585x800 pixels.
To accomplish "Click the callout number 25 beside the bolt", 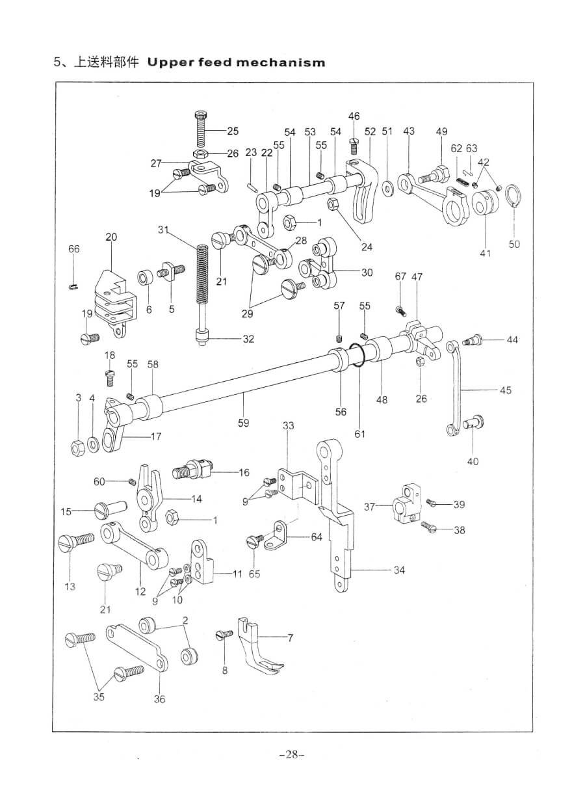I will coord(233,131).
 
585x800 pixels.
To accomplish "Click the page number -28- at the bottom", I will coord(292,755).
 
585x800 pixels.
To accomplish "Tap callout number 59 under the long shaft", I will coord(243,423).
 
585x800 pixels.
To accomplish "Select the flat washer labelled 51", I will coord(388,189).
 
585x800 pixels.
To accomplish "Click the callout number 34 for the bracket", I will coord(399,570).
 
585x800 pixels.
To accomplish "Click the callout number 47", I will coord(417,276).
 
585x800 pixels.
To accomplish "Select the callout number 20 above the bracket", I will coord(111,237).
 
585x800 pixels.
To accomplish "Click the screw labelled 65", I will coord(256,540).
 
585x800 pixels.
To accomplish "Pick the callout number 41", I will coord(486,253).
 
